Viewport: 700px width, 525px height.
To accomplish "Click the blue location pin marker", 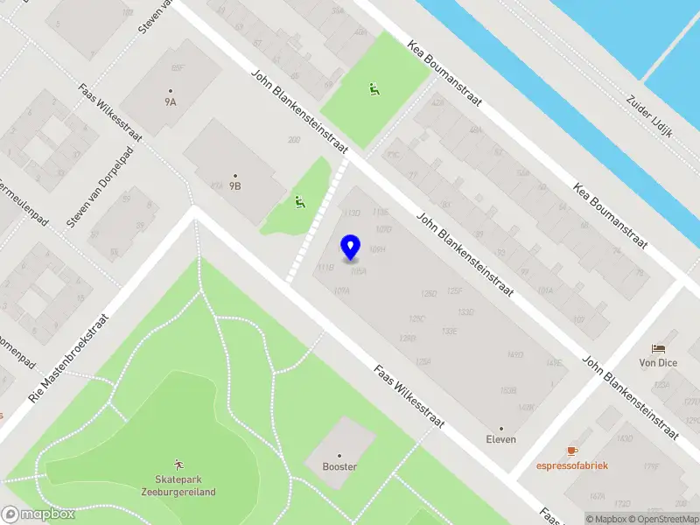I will (351, 248).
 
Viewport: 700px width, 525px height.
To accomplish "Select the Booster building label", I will (339, 466).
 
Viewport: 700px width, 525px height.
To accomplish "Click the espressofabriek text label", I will (572, 465).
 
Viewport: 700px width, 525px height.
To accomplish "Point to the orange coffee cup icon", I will (572, 451).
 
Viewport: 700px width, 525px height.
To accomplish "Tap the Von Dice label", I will (659, 362).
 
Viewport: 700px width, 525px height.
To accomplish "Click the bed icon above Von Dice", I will (659, 348).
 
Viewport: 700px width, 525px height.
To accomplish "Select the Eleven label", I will (501, 439).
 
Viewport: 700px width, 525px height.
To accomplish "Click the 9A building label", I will (170, 101).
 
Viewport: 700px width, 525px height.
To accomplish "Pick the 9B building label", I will (235, 186).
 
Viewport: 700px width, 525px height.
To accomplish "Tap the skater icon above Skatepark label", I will (178, 463).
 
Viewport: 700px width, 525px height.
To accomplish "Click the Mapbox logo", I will (38, 514).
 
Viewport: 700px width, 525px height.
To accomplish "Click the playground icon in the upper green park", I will (374, 88).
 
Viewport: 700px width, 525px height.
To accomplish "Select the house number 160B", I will (507, 389).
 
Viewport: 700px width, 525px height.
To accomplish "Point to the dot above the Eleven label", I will (501, 428).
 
